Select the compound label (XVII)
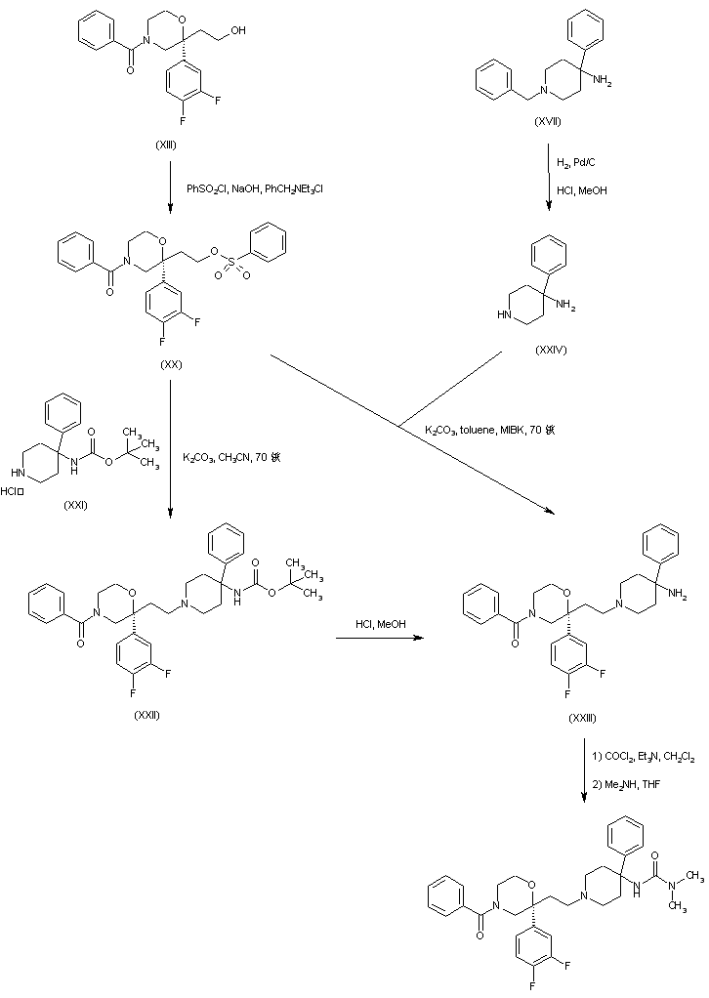549,120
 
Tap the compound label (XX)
172,364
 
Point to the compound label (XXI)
75,505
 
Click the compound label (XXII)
146,714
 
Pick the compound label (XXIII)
584,718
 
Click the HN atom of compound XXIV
504,315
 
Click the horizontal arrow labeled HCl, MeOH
382,639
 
